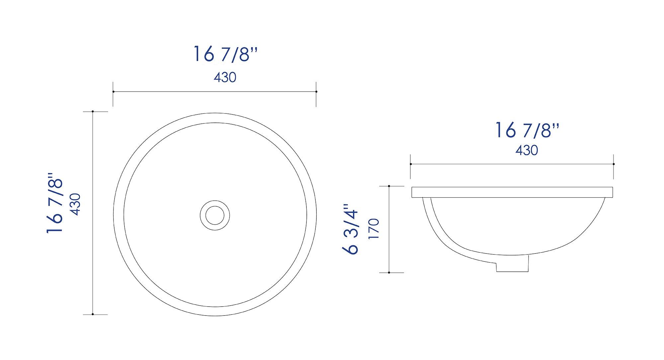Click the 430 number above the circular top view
tap(225, 78)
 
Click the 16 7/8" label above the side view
tap(527, 130)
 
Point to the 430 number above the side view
tap(527, 150)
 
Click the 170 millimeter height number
tap(374, 229)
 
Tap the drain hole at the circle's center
tap(215, 215)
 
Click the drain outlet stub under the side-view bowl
tap(512, 267)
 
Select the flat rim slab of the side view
tap(512, 192)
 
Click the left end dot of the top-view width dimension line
tap(113, 92)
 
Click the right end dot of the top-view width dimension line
tap(316, 92)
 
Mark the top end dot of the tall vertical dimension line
tap(93, 111)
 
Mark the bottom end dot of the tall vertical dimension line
tap(93, 314)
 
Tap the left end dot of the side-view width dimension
tap(411, 164)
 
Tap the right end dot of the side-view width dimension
tap(614, 164)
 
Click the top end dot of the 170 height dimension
tap(389, 186)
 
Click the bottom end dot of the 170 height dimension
tap(389, 272)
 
